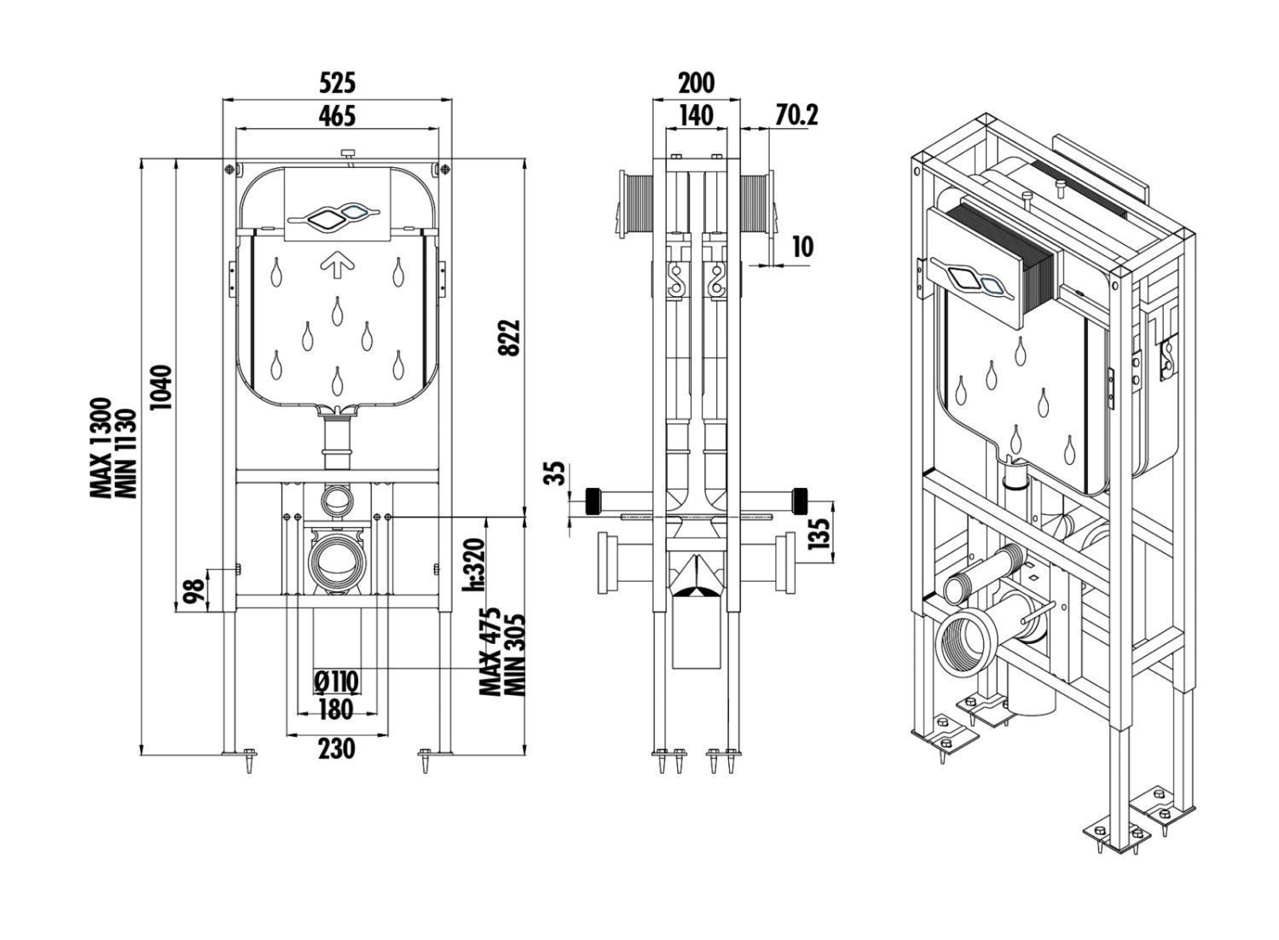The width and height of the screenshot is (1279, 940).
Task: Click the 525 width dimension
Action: click(337, 83)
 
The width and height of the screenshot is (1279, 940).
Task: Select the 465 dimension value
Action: click(337, 115)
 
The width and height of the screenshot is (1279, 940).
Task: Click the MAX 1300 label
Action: click(102, 448)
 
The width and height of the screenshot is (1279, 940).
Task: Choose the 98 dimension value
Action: click(196, 589)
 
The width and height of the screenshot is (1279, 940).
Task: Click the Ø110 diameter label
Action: click(337, 681)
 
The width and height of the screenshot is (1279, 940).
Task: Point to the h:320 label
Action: click(473, 563)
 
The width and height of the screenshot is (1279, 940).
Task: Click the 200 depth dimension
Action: click(696, 83)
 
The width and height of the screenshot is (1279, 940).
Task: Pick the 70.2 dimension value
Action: click(796, 115)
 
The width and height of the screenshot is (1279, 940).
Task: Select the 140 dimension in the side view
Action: click(696, 115)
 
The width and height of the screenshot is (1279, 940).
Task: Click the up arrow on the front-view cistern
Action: click(337, 267)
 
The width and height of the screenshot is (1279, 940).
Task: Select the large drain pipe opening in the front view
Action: click(337, 562)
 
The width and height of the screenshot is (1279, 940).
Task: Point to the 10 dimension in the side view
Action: click(802, 247)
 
